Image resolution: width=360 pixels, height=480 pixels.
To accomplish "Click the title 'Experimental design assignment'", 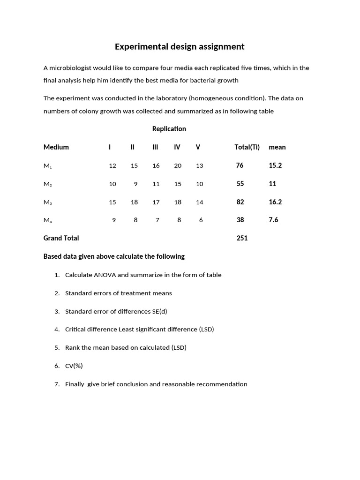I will pyautogui.click(x=180, y=46).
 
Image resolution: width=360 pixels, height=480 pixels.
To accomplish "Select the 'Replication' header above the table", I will pyautogui.click(x=169, y=128).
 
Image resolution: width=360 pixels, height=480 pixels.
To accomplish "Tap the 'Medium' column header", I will pyautogui.click(x=56, y=147).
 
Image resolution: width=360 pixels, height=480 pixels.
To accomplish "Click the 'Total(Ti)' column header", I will pyautogui.click(x=247, y=147).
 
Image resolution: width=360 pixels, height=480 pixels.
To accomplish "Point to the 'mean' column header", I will pyautogui.click(x=277, y=147).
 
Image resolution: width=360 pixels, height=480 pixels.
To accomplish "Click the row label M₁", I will pyautogui.click(x=47, y=166).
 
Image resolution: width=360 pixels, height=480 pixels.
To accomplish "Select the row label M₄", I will pyautogui.click(x=47, y=220).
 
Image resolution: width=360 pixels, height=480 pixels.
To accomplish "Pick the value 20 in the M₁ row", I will pyautogui.click(x=178, y=166).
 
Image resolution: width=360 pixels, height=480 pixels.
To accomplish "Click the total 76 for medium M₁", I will pyautogui.click(x=240, y=165).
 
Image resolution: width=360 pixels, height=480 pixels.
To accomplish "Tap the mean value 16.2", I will pyautogui.click(x=275, y=202).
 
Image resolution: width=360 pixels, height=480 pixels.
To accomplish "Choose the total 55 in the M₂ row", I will pyautogui.click(x=240, y=184).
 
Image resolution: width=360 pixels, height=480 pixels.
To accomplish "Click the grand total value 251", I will pyautogui.click(x=242, y=238).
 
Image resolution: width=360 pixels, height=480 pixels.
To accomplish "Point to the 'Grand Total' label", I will pyautogui.click(x=61, y=238).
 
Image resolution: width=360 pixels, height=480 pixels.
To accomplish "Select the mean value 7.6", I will pyautogui.click(x=273, y=220).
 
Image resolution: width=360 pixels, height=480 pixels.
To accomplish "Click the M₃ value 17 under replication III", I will pyautogui.click(x=156, y=202).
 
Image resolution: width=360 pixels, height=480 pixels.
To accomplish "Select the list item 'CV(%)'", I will pyautogui.click(x=74, y=366).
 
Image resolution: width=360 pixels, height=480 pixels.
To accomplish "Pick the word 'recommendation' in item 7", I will pyautogui.click(x=222, y=384).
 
